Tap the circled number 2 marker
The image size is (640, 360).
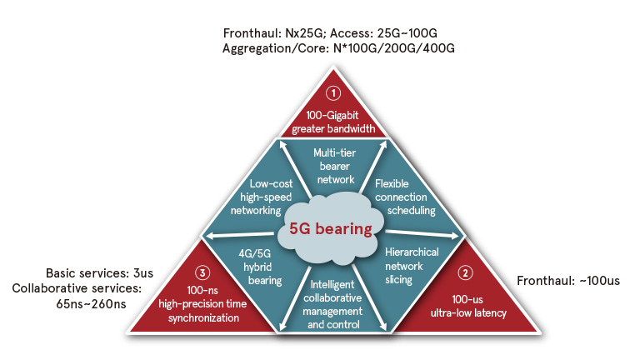[466, 272]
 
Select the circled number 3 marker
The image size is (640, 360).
[201, 272]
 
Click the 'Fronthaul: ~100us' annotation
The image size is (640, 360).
[568, 280]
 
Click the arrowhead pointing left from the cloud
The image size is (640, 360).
[209, 236]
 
